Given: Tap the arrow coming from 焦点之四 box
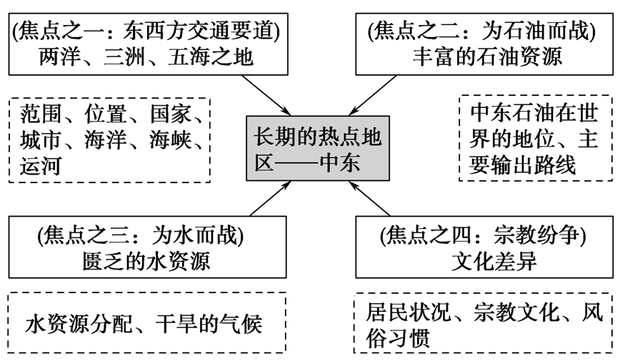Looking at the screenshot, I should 371,199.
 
